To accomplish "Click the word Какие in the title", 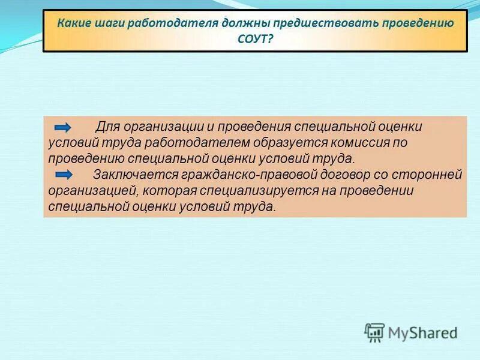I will click(73, 24).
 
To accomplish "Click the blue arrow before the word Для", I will click(62, 127).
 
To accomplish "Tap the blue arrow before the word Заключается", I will click(62, 175).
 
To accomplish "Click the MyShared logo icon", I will click(375, 332).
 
